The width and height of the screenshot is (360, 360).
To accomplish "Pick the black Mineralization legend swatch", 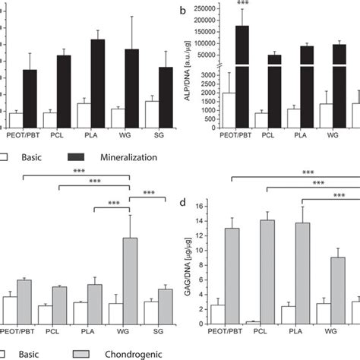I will tap(80, 157).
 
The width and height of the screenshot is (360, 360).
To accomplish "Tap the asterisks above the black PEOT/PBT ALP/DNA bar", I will tap(243, 4).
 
